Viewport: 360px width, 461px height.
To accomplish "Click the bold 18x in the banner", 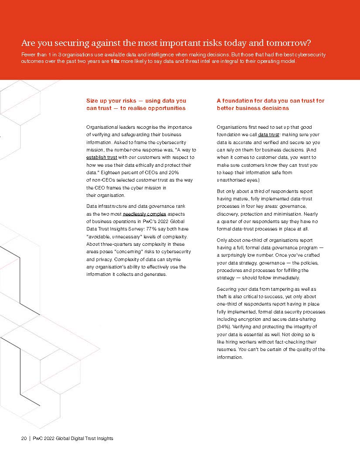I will pyautogui.click(x=115, y=62).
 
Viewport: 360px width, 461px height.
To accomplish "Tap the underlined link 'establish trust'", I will pyautogui.click(x=103, y=157).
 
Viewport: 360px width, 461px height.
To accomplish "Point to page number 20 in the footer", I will pyautogui.click(x=24, y=438).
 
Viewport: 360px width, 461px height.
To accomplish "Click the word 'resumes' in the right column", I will pyautogui.click(x=227, y=350).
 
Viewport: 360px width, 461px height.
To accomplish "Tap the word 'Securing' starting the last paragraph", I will pyautogui.click(x=227, y=289).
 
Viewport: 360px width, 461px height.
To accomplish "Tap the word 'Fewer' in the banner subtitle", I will pyautogui.click(x=29, y=55).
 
